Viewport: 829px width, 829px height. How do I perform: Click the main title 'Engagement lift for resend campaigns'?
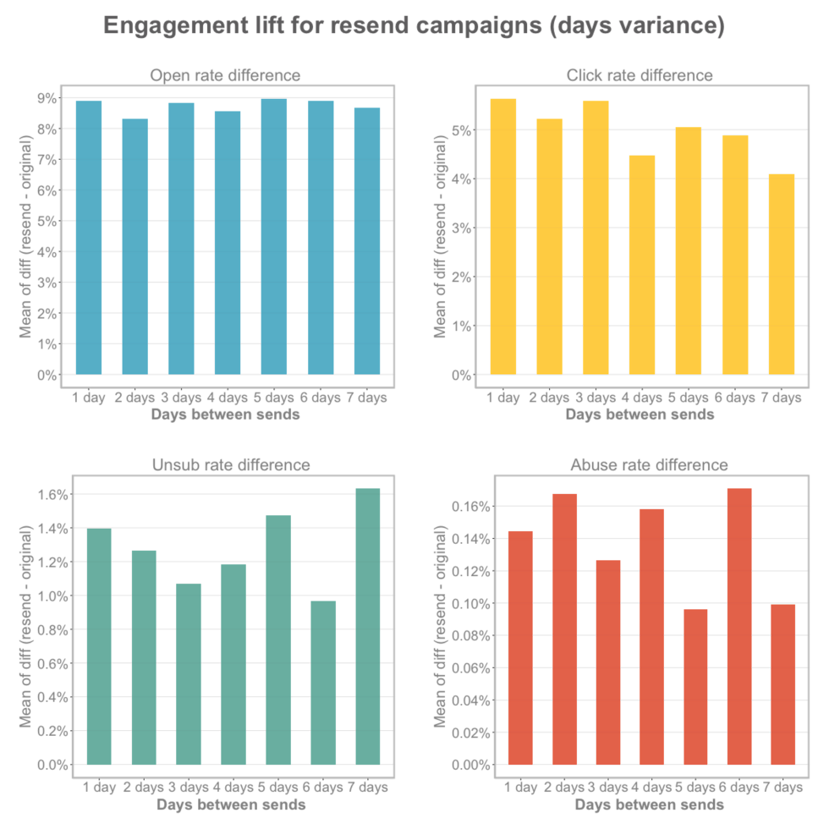pos(414,26)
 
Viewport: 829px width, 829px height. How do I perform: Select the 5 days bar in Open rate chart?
pos(273,237)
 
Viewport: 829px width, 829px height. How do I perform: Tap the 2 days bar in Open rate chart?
pos(135,246)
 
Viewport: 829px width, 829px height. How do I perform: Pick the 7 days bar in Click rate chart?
pos(782,274)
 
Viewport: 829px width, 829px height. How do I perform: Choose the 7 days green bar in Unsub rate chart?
pos(368,627)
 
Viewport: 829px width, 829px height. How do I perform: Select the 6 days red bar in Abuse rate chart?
pos(739,627)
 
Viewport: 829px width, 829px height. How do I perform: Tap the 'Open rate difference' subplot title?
pos(225,75)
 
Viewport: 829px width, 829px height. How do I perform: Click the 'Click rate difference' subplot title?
pos(640,75)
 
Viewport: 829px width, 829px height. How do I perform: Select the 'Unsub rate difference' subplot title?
pos(231,464)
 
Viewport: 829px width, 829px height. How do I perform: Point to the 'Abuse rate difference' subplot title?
pos(649,464)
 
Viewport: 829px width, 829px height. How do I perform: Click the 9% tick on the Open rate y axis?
pos(47,98)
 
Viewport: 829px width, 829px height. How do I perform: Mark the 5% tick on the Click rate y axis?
pos(461,130)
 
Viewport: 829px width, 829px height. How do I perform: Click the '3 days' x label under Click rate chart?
pos(596,398)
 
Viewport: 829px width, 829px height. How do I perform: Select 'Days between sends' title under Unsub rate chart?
pos(231,804)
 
